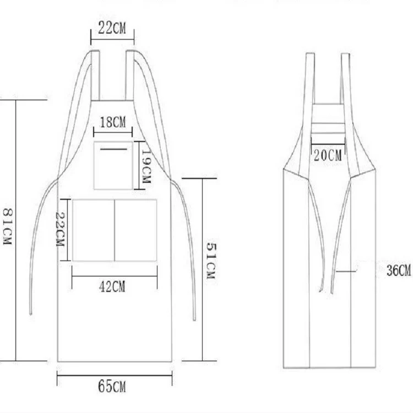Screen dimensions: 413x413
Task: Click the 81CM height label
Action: tap(7, 227)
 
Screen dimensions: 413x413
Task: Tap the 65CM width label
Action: tap(112, 387)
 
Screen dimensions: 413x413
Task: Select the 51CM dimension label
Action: tap(211, 260)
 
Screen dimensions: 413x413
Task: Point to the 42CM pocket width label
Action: tap(112, 286)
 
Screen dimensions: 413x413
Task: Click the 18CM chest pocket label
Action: tap(113, 122)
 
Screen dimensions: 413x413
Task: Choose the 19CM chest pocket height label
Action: tap(146, 166)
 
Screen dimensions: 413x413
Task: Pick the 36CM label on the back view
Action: tap(399, 270)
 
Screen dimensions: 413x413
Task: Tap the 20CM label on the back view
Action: tap(328, 155)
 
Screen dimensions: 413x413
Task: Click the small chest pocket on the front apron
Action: tap(113, 165)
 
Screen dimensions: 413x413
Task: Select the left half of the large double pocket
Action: tap(94, 230)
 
